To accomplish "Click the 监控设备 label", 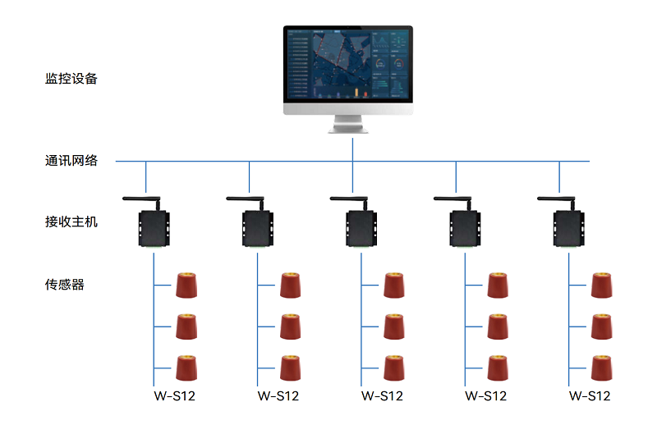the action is [x=71, y=79].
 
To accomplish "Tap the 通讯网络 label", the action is [x=71, y=161].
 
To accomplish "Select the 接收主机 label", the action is [x=71, y=222].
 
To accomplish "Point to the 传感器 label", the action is [x=65, y=285].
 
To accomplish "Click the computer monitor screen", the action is [x=347, y=65].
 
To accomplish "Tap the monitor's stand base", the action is [x=347, y=130].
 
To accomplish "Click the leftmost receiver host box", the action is [x=154, y=229].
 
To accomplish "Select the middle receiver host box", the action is [x=361, y=229].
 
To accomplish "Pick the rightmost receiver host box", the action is [x=568, y=229].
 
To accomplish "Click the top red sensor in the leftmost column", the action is [x=186, y=286].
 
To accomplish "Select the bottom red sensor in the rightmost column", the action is [x=602, y=368].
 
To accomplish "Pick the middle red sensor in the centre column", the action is [x=394, y=327].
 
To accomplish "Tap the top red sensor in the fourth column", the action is [x=498, y=286].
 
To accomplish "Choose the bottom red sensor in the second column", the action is [x=291, y=368].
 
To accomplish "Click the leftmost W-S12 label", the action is [x=175, y=396].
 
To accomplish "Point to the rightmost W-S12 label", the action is [x=590, y=396].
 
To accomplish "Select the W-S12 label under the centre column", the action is [x=382, y=396].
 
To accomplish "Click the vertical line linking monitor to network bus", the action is [x=353, y=149].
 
